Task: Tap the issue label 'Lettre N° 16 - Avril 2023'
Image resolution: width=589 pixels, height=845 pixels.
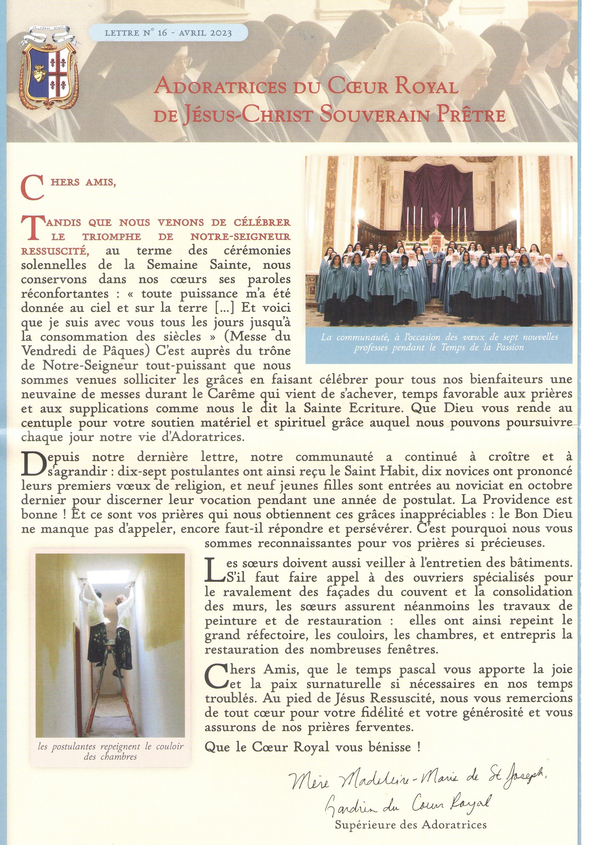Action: coord(168,34)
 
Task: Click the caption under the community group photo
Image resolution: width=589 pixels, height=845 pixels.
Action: coord(439,342)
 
